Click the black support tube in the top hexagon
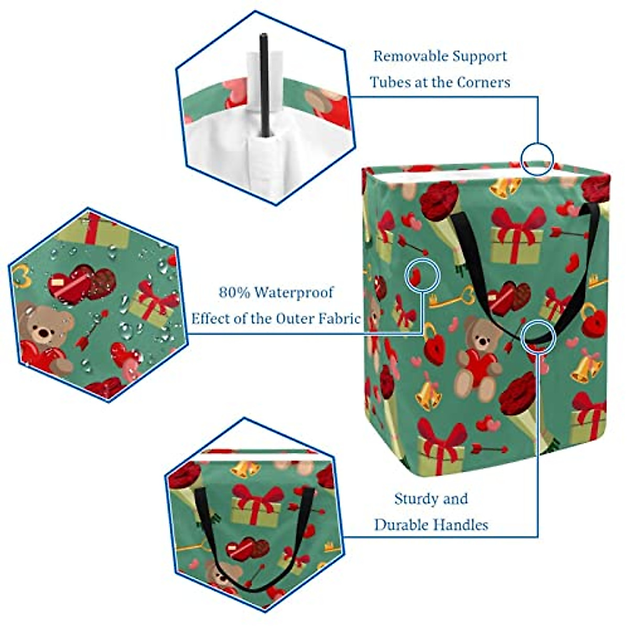coord(264,84)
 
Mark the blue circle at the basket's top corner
coord(537,159)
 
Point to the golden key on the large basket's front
coord(451,299)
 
